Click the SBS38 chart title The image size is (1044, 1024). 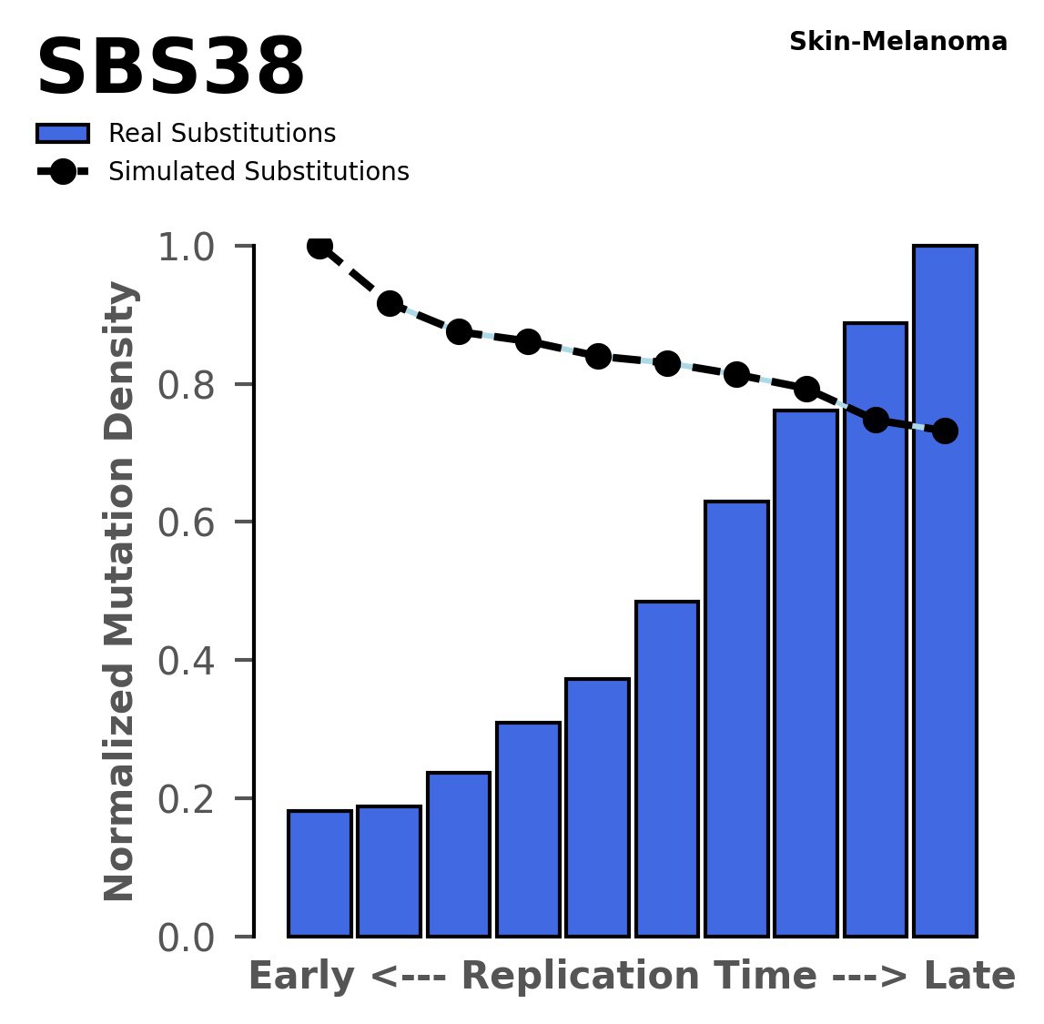coord(170,69)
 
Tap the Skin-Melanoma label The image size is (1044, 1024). coord(897,42)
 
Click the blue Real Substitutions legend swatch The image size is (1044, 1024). coord(63,134)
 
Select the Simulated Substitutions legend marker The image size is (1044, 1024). coord(63,172)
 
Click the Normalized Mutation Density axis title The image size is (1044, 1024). coord(120,592)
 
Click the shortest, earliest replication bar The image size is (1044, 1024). coord(319,873)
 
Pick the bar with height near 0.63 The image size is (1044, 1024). coord(736,719)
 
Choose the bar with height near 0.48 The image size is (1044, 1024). coord(667,769)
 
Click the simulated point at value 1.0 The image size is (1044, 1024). coord(319,246)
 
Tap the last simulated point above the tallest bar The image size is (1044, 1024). coord(945,431)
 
